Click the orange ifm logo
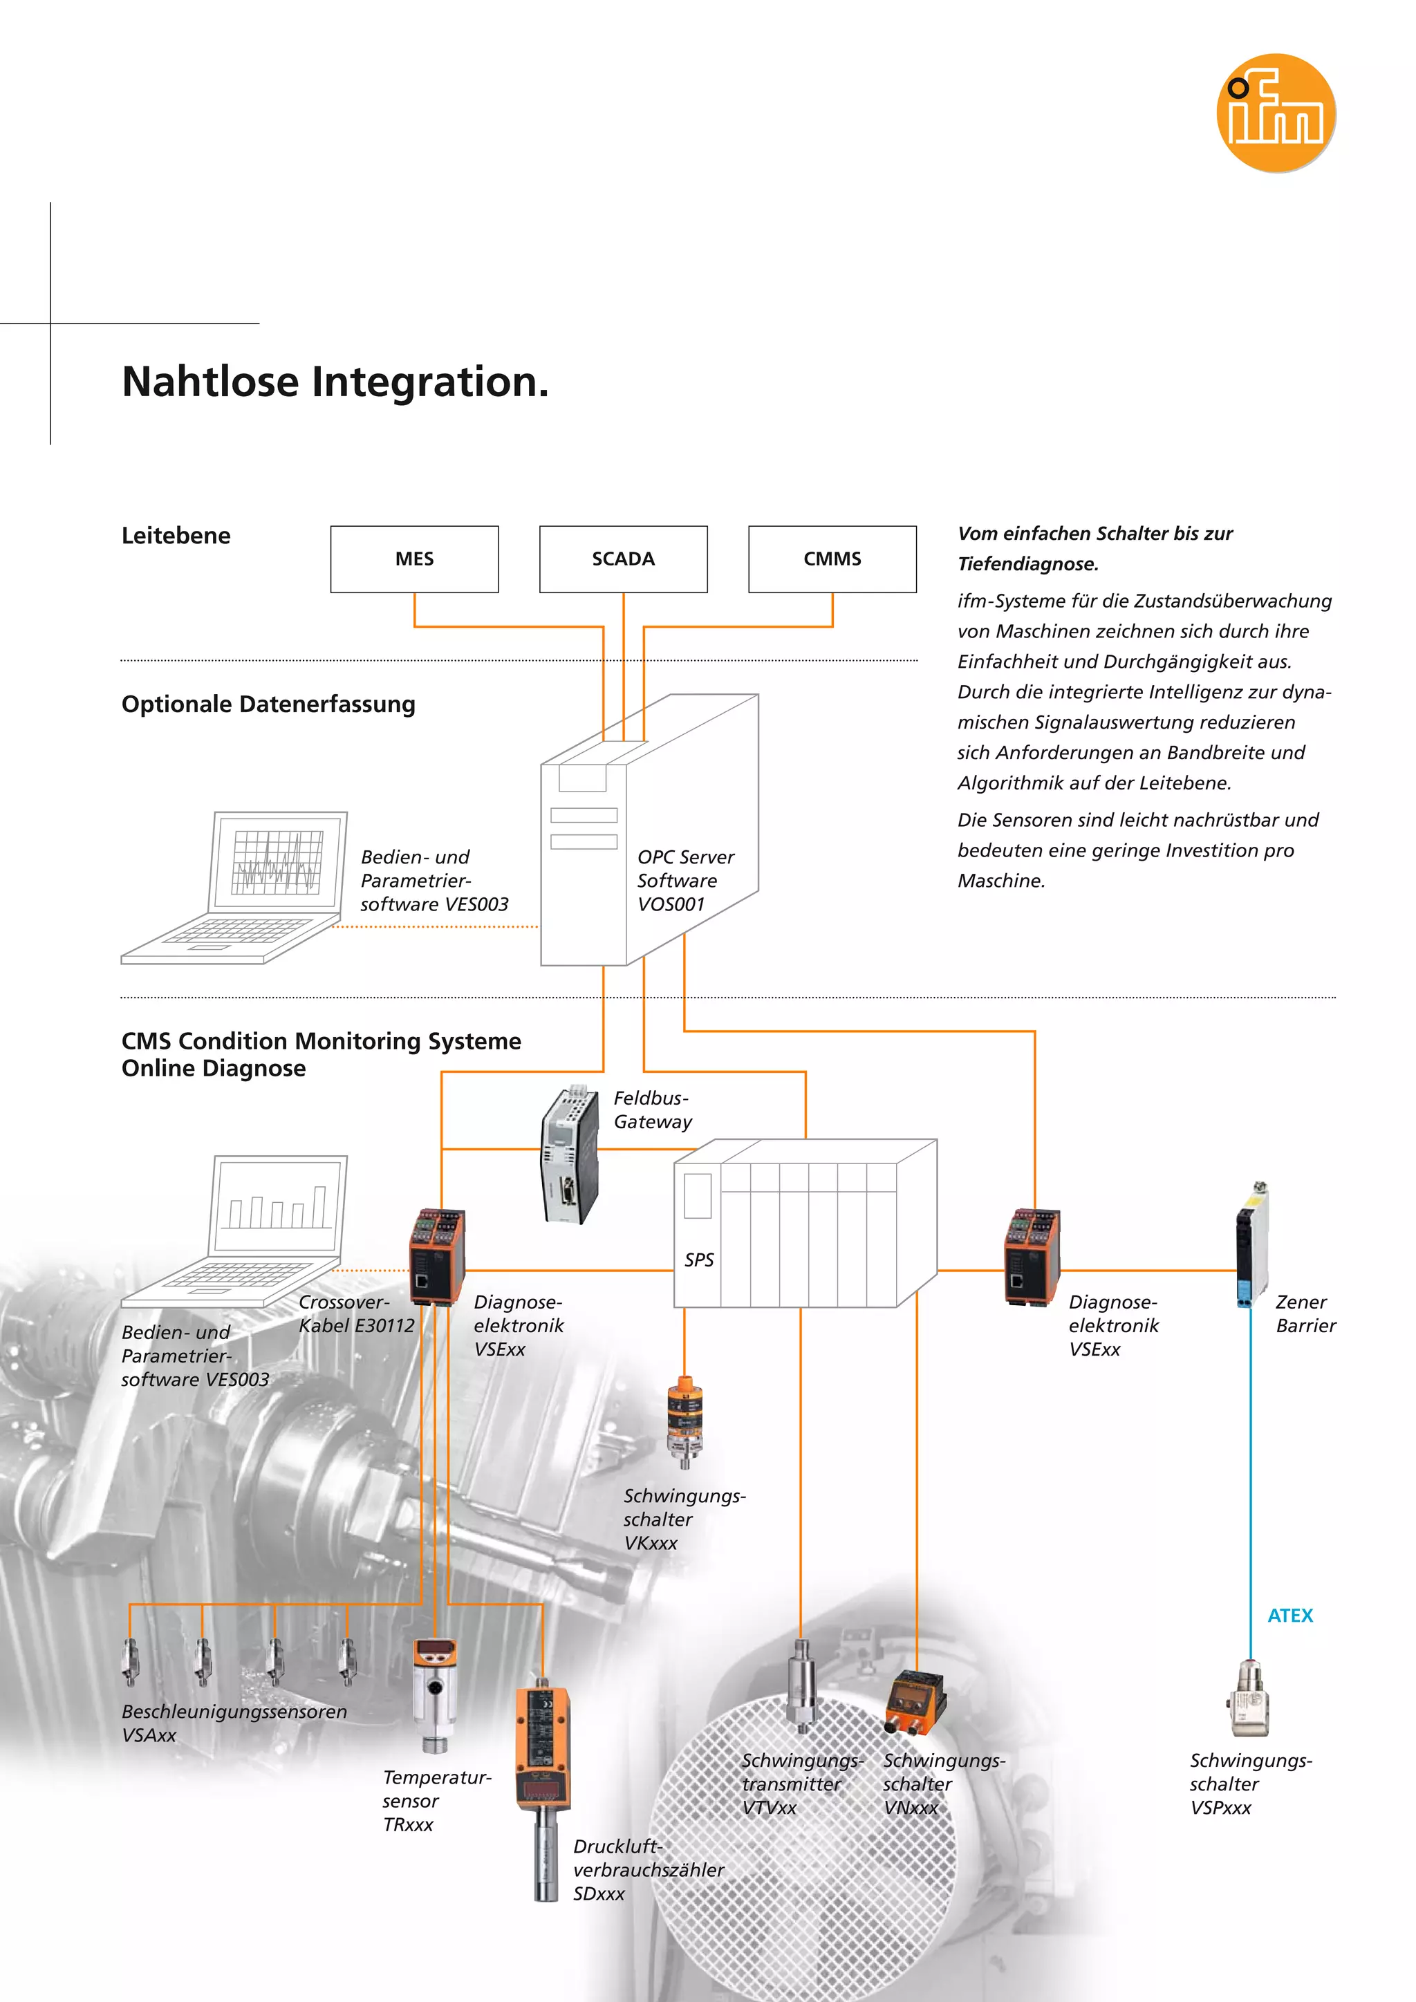[1276, 113]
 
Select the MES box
[414, 559]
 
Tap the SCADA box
[624, 559]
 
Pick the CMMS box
[832, 559]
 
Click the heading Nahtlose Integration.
[336, 382]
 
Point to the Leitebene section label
[176, 535]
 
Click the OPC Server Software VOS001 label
[685, 881]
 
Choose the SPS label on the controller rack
[698, 1260]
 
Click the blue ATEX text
[1289, 1616]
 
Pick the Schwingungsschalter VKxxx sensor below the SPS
[685, 1421]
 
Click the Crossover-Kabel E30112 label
[356, 1314]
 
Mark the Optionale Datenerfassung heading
[268, 704]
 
